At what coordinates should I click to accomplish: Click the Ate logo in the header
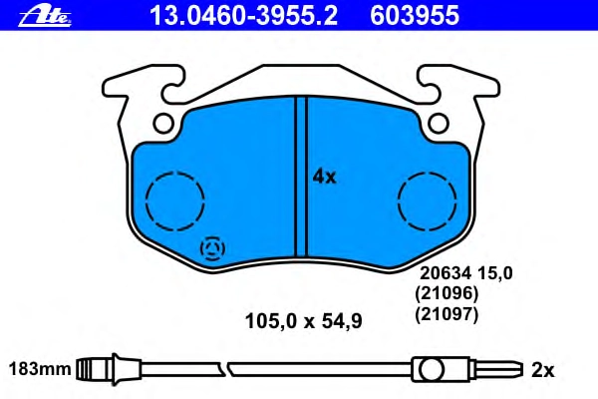(x=45, y=16)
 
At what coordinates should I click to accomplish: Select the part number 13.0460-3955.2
(x=244, y=16)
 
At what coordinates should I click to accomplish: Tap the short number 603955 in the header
(x=415, y=16)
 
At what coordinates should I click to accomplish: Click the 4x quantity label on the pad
(x=324, y=177)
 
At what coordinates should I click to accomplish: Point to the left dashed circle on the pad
(x=146, y=201)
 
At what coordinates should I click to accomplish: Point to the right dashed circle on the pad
(x=398, y=201)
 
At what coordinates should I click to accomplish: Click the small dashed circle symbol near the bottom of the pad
(x=212, y=248)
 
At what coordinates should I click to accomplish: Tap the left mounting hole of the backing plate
(x=163, y=123)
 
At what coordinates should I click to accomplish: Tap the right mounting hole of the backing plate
(x=439, y=123)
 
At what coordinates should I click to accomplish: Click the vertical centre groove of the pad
(x=301, y=177)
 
